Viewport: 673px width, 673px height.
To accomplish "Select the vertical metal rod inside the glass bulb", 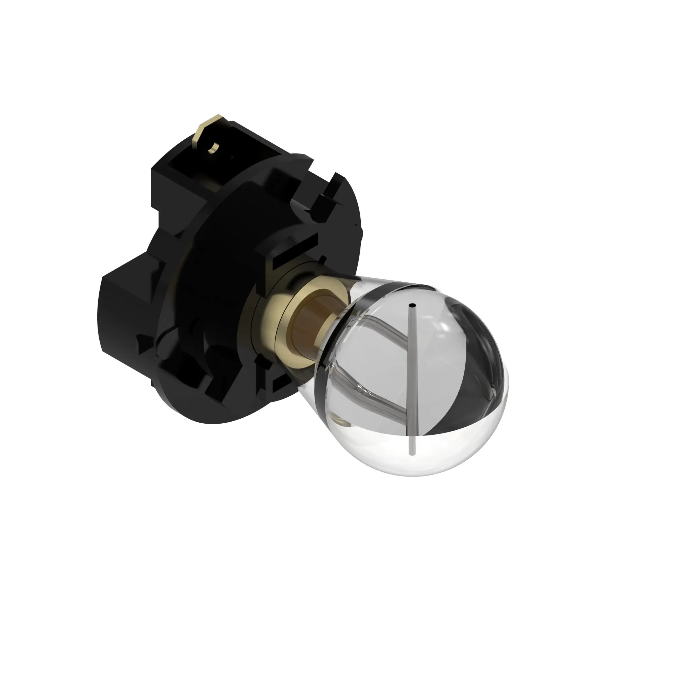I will coord(412,376).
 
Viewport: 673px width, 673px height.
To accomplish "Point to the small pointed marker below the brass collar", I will coord(259,360).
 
